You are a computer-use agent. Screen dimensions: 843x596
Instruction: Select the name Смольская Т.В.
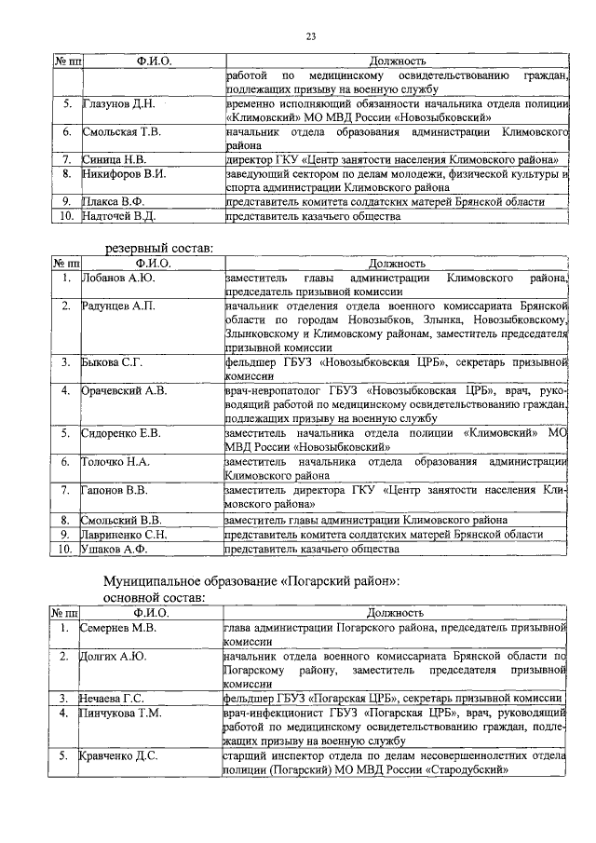[122, 132]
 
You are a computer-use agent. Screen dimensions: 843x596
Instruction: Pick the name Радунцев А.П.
[118, 306]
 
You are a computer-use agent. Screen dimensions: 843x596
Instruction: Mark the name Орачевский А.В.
[125, 389]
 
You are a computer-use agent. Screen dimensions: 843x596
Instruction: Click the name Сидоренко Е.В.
[123, 433]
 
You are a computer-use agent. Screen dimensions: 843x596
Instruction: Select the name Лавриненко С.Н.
[125, 534]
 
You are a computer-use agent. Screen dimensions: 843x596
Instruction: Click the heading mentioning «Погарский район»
[251, 580]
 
